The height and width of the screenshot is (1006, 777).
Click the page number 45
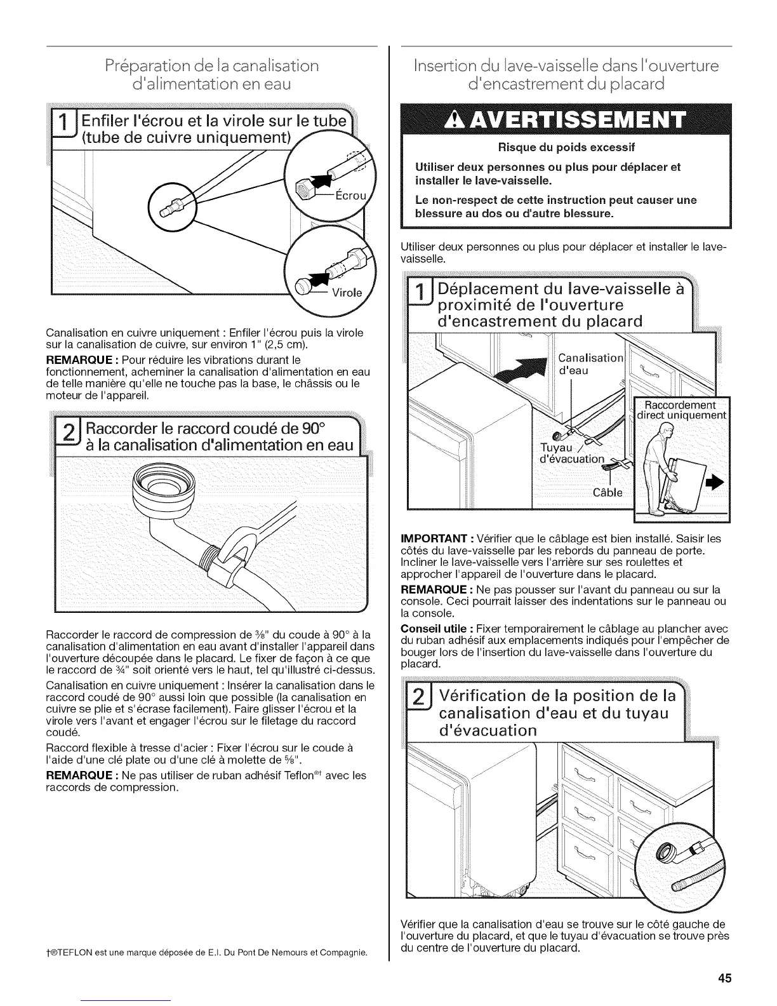click(x=724, y=978)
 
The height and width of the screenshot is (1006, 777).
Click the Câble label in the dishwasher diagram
click(x=608, y=492)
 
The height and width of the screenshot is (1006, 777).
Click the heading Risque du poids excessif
click(x=566, y=148)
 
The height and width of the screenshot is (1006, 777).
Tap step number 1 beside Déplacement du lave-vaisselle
click(x=418, y=297)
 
